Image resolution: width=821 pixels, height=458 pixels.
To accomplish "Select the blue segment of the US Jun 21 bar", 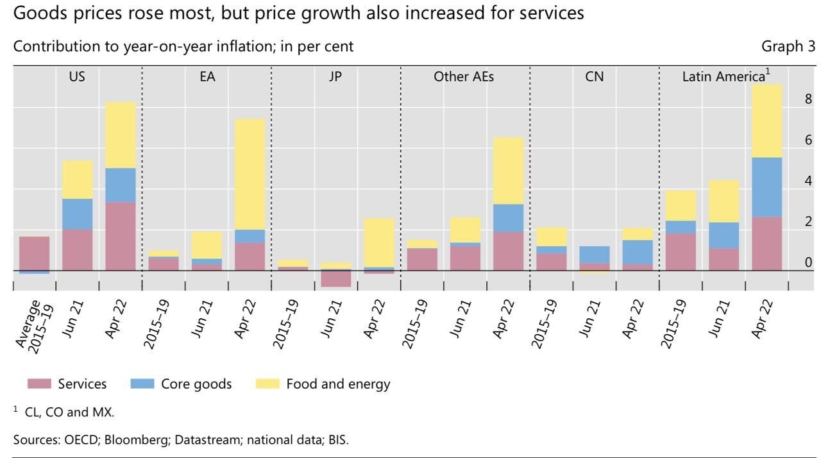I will click(78, 214).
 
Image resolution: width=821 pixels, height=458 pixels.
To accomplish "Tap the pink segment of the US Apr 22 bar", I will click(121, 236).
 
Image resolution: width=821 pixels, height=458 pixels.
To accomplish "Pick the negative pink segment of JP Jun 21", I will click(335, 278).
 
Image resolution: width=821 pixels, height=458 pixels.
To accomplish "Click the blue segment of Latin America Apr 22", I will click(766, 187).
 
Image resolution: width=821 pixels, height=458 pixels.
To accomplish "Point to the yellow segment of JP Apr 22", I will click(378, 242).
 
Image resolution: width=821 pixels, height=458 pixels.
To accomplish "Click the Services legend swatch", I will click(38, 384).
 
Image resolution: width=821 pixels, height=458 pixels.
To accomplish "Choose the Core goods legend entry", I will click(181, 384).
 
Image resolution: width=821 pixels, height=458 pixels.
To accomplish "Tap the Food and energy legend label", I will click(338, 384).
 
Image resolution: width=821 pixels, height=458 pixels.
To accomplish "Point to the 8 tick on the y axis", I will click(808, 99).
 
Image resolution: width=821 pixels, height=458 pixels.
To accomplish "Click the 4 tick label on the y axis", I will click(808, 181).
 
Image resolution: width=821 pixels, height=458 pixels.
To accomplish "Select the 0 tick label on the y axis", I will click(808, 262).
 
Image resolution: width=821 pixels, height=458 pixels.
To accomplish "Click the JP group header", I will click(335, 76).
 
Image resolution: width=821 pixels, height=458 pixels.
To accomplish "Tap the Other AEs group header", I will click(464, 76).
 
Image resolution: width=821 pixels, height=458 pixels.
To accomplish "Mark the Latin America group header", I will click(724, 76).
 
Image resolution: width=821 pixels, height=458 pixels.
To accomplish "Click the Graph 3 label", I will click(788, 46).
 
